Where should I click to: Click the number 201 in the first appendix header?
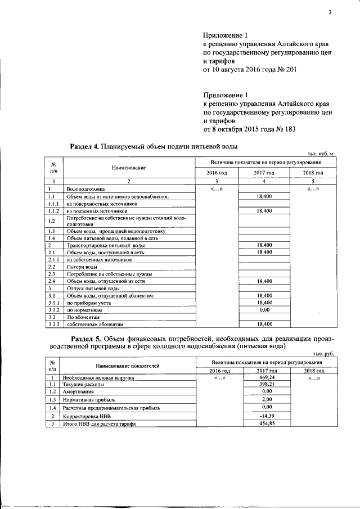tap(288, 70)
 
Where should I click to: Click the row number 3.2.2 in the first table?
tap(54, 324)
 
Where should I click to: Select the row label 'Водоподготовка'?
tap(85, 189)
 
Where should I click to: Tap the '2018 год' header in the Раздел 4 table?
tap(312, 173)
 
